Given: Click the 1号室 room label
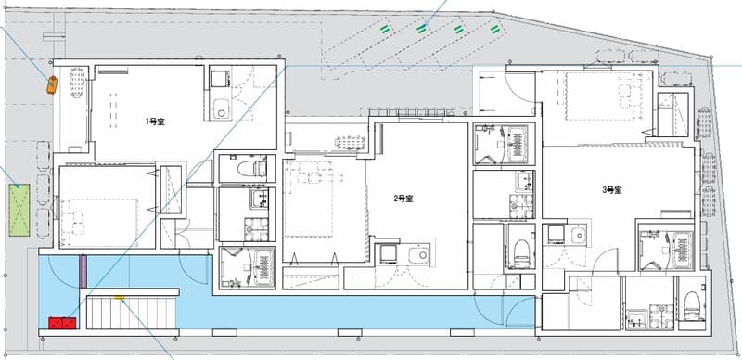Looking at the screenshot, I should point(154,122).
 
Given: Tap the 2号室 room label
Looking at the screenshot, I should point(403,198).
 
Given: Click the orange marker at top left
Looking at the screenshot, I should point(52,84).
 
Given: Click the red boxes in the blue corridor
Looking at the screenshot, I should point(62,323).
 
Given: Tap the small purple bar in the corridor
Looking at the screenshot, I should point(82,271).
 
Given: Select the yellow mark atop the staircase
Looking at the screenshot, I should point(119,299).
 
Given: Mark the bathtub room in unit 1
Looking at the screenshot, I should point(248,266).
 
